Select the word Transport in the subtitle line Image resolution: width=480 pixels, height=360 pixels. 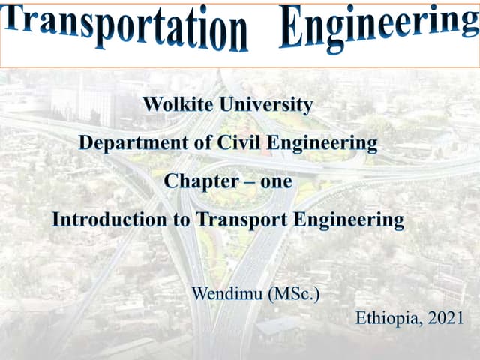(x=241, y=220)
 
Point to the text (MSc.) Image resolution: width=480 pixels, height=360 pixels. (x=293, y=292)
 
